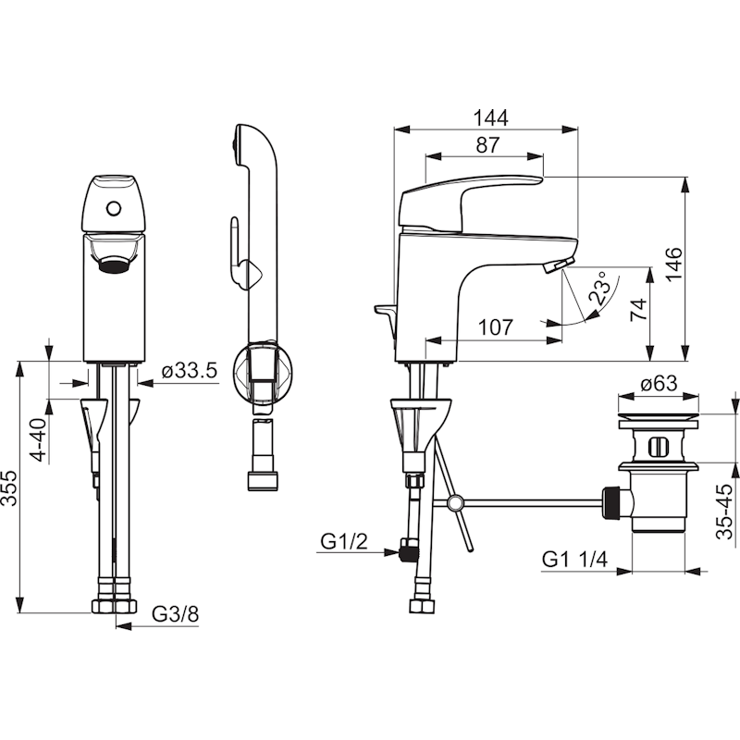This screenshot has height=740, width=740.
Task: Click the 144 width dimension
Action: tap(490, 118)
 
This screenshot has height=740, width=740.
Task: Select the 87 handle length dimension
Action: tap(487, 145)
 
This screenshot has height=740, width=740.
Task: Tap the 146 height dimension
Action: tap(674, 265)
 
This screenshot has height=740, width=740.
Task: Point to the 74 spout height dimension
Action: tap(638, 310)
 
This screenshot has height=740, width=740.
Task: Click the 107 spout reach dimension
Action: tap(495, 327)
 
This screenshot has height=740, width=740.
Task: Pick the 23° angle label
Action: tap(600, 288)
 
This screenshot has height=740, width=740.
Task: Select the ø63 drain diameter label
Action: tap(659, 383)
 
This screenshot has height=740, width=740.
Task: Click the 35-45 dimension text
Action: tap(724, 512)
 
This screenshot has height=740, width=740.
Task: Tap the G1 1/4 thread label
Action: tap(574, 560)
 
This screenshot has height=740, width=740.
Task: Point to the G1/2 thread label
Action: tap(343, 541)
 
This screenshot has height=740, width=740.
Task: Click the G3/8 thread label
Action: tap(175, 614)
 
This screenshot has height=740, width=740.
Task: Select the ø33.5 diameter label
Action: tap(190, 371)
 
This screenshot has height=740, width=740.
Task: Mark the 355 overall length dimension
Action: tap(9, 487)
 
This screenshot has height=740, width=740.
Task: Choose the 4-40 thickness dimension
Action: tap(38, 440)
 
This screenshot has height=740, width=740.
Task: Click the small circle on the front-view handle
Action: tap(114, 208)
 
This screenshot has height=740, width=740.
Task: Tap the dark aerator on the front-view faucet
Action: tap(114, 265)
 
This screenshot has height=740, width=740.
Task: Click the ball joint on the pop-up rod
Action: tap(455, 502)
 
